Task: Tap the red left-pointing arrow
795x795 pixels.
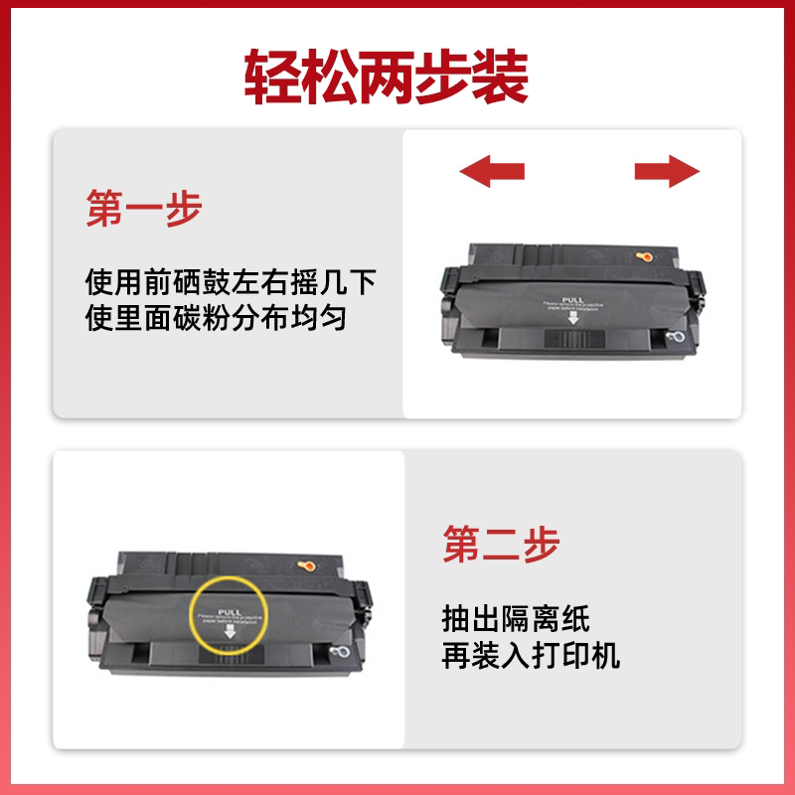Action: [492, 170]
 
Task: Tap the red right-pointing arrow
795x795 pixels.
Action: [668, 170]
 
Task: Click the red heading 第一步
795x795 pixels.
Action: [144, 210]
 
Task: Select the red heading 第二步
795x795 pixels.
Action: [502, 545]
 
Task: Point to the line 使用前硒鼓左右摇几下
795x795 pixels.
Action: [231, 284]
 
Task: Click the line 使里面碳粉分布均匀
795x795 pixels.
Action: [216, 320]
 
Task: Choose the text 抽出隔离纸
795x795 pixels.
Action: [516, 620]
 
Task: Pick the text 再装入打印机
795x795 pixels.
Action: [532, 656]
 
